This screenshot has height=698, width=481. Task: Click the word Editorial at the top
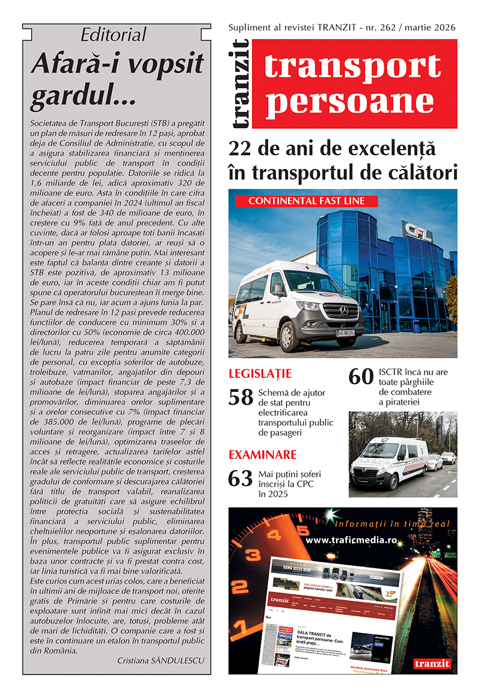tap(114, 35)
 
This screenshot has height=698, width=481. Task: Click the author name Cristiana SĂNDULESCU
tap(161, 660)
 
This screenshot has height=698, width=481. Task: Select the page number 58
tap(240, 397)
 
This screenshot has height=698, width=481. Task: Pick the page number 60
tap(361, 377)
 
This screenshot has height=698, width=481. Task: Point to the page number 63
tap(240, 479)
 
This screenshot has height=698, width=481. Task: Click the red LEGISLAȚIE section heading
tap(260, 373)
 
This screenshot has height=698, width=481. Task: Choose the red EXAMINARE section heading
tap(262, 455)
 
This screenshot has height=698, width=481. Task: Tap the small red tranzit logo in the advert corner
tap(432, 664)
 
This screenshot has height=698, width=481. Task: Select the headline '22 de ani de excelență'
tap(331, 148)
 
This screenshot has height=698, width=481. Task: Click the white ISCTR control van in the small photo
tap(389, 463)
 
